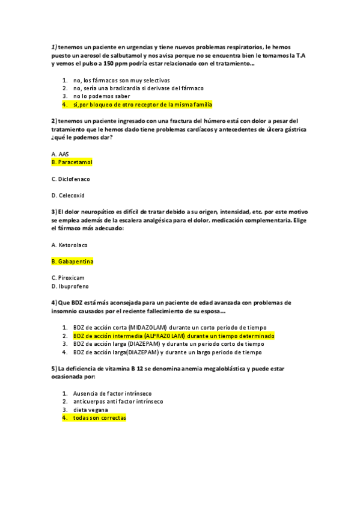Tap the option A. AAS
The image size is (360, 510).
[x=60, y=154]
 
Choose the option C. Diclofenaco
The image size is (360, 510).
[x=71, y=179]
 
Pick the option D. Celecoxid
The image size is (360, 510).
[x=68, y=195]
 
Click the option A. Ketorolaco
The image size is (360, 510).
[x=70, y=245]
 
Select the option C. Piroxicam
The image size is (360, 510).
[x=68, y=278]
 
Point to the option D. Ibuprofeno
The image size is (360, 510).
[x=70, y=286]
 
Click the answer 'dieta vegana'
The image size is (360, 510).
[x=91, y=410]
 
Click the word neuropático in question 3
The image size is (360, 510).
[x=88, y=212]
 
